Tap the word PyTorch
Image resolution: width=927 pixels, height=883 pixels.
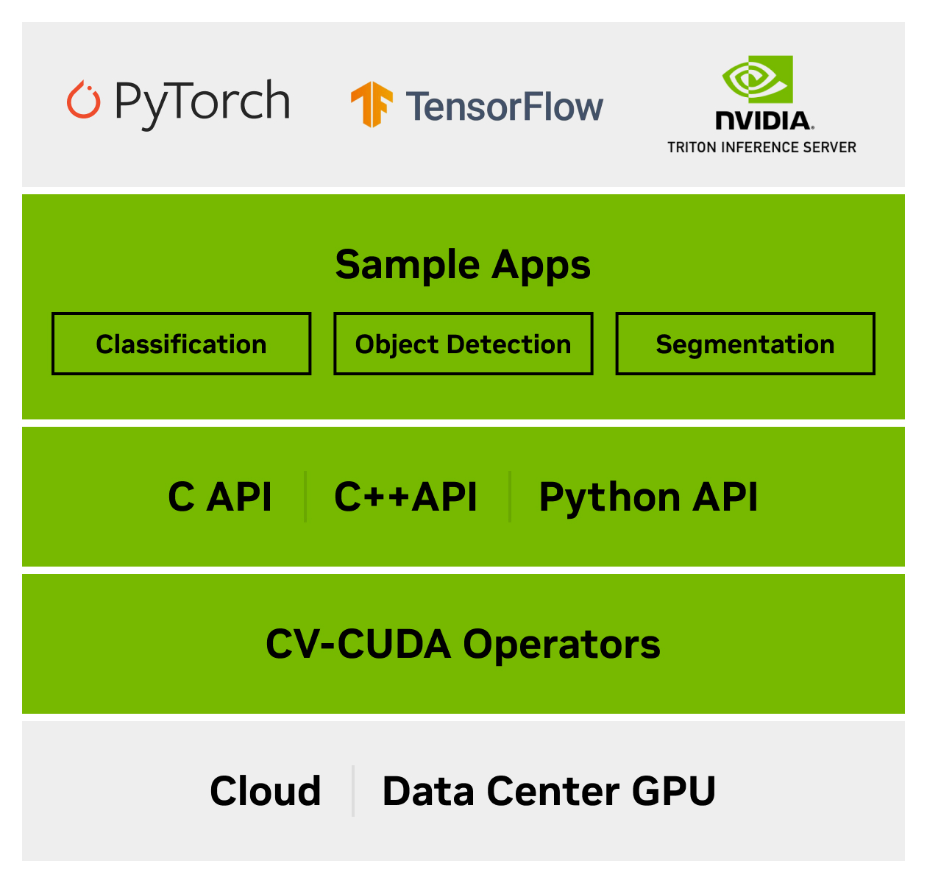click(x=202, y=102)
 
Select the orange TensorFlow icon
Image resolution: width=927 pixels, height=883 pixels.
click(x=372, y=104)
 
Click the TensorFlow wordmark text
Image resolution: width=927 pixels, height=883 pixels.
click(x=505, y=107)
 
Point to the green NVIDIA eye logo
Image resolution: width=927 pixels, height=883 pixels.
click(x=757, y=79)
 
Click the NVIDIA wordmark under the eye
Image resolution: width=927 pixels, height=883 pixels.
click(x=764, y=121)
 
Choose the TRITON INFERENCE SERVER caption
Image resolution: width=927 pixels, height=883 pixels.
click(x=761, y=147)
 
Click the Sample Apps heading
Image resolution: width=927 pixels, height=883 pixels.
click(x=463, y=265)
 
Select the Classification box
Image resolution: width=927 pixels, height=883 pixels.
click(x=181, y=344)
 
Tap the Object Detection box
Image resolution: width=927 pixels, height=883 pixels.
click(x=463, y=344)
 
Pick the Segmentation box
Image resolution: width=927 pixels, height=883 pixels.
click(x=745, y=344)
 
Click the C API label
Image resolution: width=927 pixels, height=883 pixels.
click(x=220, y=497)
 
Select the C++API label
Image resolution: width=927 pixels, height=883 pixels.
click(x=405, y=497)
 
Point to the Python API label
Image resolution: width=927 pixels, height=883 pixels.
click(x=648, y=497)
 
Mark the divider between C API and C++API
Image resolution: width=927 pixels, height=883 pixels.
click(x=305, y=497)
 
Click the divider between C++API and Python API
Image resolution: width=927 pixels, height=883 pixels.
click(x=509, y=497)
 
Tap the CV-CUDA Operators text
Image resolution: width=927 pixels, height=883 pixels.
click(x=463, y=644)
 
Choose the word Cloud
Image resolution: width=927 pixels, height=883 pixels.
click(x=266, y=791)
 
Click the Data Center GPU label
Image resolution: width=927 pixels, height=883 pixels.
click(x=549, y=791)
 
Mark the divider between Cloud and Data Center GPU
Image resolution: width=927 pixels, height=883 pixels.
click(x=353, y=791)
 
